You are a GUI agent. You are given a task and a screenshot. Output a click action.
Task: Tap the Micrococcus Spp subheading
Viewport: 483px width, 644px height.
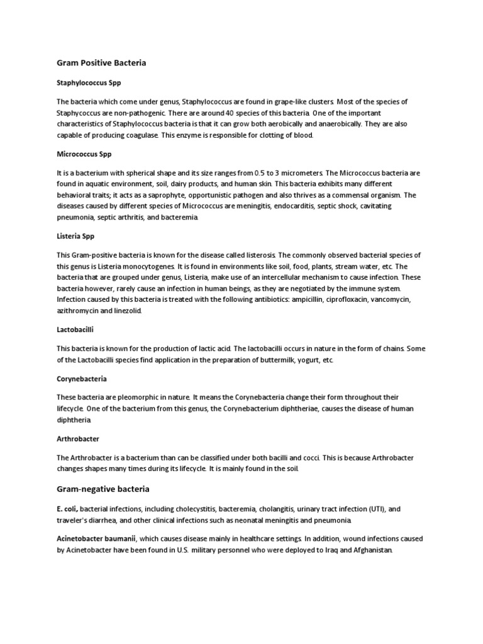tap(84, 153)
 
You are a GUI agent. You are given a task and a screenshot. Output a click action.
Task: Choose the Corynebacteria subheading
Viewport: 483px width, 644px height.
tap(82, 379)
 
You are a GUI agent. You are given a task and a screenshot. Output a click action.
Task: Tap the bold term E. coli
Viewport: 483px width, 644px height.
tap(67, 509)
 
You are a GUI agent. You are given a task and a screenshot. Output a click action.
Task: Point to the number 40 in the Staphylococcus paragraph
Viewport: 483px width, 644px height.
tap(255, 113)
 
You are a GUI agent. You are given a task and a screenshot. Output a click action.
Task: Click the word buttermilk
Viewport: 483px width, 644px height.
tap(251, 360)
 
